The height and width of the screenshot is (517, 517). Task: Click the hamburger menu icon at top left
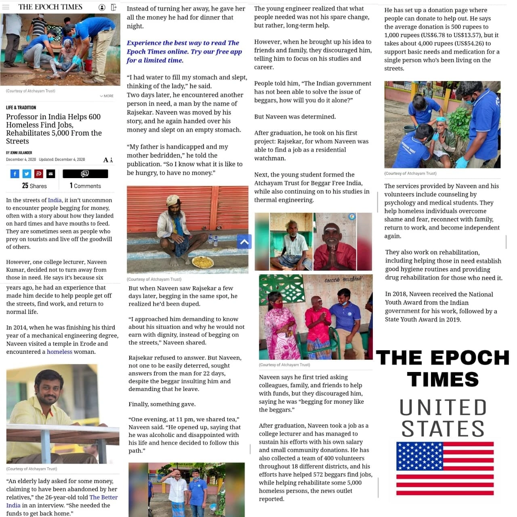pos(6,7)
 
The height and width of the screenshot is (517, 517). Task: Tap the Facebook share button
pos(15,174)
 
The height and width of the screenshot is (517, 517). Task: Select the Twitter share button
pos(27,174)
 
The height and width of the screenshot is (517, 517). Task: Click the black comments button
pos(85,174)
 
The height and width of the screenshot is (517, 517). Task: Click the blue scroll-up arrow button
pos(244,242)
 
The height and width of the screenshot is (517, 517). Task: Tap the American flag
pos(445,468)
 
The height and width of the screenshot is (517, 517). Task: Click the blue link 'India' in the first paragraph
pos(55,200)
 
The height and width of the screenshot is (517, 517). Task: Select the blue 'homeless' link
pos(59,352)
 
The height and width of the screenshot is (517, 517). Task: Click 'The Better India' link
pos(103,497)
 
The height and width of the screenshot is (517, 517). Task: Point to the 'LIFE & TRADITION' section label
pos(21,107)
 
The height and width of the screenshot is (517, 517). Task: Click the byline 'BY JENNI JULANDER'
pos(19,153)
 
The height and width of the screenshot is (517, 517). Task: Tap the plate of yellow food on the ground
pos(203,262)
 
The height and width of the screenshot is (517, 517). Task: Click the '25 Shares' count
pos(34,186)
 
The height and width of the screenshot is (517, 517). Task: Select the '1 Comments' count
pos(85,186)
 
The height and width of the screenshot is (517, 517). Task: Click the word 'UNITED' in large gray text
pos(443,408)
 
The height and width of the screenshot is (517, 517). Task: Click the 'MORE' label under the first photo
pos(107,96)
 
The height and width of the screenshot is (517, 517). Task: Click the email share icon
pos(50,174)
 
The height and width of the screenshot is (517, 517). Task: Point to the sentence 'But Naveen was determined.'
pos(295,117)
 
